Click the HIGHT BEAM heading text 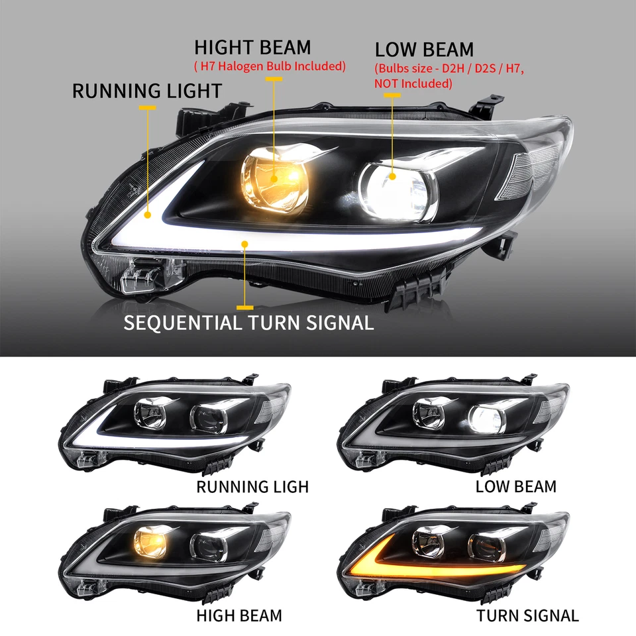tap(252, 48)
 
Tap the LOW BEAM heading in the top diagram tap(424, 50)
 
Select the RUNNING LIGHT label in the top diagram tap(146, 91)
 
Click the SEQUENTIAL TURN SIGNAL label tap(249, 323)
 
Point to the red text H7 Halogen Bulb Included tap(270, 66)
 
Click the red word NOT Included tap(413, 84)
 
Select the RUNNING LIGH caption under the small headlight tap(252, 487)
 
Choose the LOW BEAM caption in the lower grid tap(516, 487)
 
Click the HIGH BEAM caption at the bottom tap(239, 615)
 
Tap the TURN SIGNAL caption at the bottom tap(527, 615)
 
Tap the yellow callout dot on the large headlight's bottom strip tap(246, 244)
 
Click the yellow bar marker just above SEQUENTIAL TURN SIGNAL tap(245, 307)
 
